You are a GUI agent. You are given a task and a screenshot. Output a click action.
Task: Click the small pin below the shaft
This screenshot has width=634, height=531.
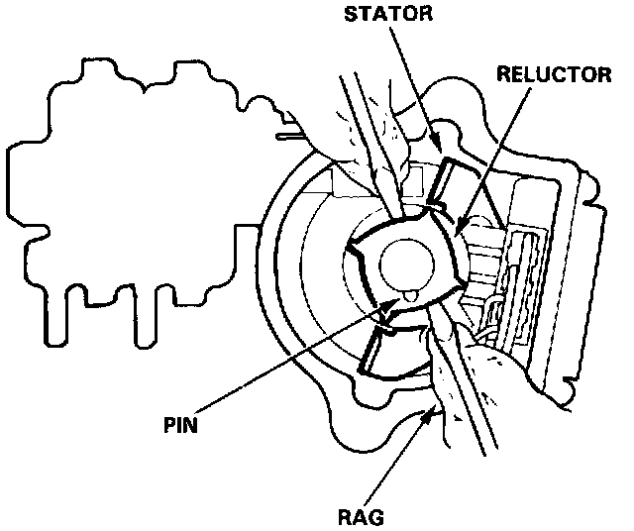click(407, 294)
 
